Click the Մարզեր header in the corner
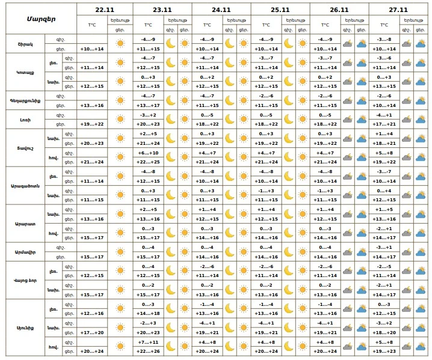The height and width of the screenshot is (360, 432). coord(41,18)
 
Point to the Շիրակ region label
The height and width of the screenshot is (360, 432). coord(24,44)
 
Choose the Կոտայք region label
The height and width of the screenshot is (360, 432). coord(25,72)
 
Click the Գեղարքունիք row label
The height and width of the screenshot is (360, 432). coord(25,100)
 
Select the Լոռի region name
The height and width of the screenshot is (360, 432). coord(24,119)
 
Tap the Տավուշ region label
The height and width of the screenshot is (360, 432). coord(25,147)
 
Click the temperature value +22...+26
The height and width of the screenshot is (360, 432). coord(148,350)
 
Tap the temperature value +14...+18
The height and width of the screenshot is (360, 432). coord(148,313)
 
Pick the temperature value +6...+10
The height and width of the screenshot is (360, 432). coord(148,153)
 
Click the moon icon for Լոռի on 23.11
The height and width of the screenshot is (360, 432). coord(171,119)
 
